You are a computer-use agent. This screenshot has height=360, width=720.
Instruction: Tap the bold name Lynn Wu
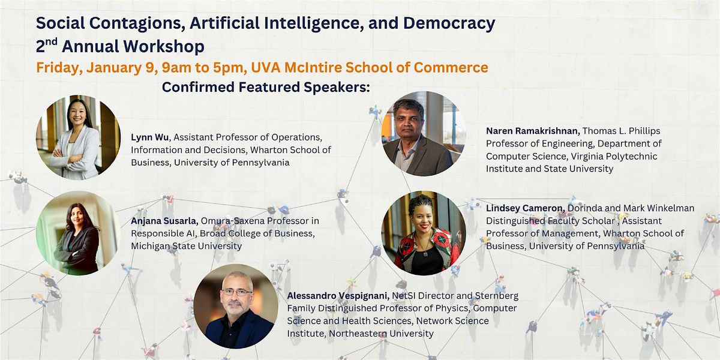(149, 137)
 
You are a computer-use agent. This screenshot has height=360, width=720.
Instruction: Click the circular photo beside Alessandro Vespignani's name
(236, 306)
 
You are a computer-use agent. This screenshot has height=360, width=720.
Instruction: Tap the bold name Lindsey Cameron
(526, 208)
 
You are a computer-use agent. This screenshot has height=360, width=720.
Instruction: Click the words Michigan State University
(186, 246)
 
